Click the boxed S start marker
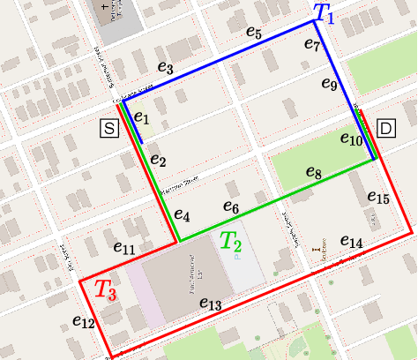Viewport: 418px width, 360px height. [109, 129]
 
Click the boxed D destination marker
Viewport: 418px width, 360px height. [385, 128]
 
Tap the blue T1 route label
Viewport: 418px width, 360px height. [324, 13]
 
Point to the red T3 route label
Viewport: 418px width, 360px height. [106, 289]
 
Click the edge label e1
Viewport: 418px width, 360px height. [142, 117]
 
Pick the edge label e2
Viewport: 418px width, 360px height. [158, 160]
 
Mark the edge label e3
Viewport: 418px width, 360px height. [165, 67]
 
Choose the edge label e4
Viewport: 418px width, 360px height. [182, 214]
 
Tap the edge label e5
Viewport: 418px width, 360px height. [254, 34]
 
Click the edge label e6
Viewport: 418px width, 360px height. [231, 207]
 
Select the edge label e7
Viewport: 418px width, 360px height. [311, 44]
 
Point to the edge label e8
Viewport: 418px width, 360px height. [313, 172]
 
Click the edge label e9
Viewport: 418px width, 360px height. [329, 85]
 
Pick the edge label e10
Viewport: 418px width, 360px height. [351, 139]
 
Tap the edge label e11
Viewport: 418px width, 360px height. [124, 250]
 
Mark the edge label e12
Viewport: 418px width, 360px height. [84, 322]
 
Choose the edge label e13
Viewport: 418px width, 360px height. [210, 304]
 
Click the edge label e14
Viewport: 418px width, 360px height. [351, 242]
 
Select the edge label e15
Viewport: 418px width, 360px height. [377, 197]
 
